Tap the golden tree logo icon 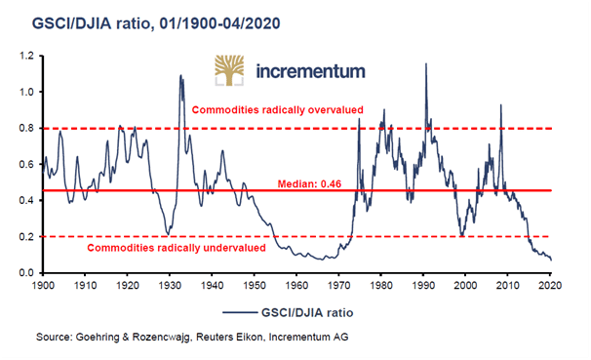click(x=232, y=72)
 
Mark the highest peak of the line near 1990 click(x=425, y=63)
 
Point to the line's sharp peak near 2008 click(x=500, y=105)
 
